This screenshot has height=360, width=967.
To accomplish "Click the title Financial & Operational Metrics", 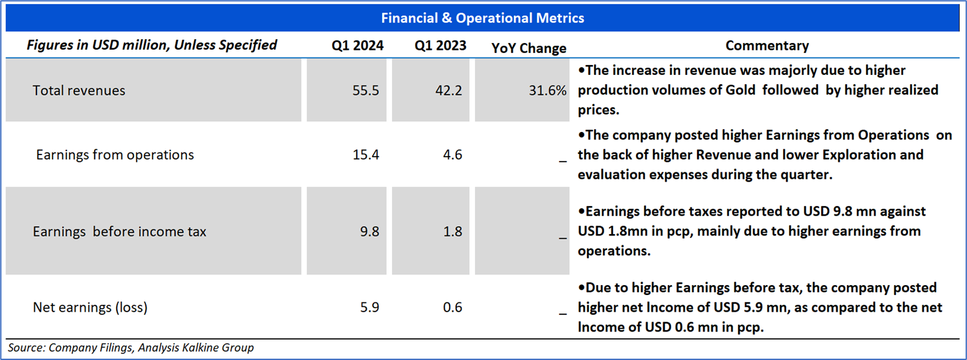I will [x=482, y=18].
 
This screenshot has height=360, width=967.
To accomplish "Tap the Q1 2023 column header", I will [x=440, y=46].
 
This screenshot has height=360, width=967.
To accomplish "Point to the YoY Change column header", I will [x=529, y=48].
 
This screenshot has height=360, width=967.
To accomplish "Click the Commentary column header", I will [x=767, y=46].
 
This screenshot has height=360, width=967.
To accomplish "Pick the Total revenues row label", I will [x=79, y=90].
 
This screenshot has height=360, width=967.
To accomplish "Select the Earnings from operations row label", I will [x=115, y=155].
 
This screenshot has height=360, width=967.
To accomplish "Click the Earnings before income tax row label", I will [x=119, y=232].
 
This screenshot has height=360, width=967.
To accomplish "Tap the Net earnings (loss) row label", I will [x=90, y=308].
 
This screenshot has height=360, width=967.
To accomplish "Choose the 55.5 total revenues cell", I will [x=366, y=90].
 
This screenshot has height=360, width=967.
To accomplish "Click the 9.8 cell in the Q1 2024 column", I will [x=369, y=232].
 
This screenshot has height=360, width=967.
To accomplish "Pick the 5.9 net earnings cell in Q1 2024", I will [x=369, y=308].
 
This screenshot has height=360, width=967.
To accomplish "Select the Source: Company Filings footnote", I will [x=131, y=347].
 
